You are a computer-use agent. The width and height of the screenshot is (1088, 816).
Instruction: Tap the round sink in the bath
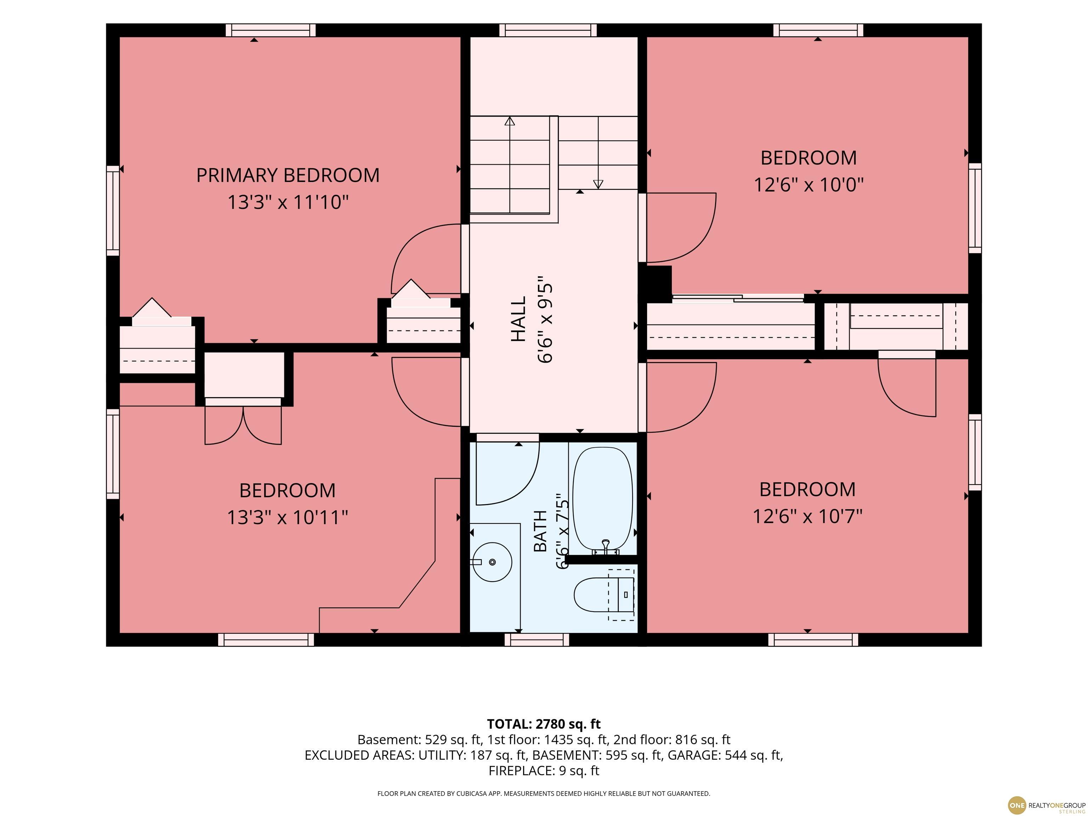492,562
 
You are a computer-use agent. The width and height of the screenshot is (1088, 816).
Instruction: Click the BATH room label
540,531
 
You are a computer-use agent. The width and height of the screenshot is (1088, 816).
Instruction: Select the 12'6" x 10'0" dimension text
809,185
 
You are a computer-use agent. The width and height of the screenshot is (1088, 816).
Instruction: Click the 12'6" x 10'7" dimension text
807,516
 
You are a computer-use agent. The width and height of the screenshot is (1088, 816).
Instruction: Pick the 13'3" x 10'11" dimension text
288,517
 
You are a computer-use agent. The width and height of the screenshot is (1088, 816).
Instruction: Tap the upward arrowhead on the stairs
510,121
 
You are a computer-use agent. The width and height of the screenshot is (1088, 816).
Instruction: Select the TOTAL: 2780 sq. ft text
544,724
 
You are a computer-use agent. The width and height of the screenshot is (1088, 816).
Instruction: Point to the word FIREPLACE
522,771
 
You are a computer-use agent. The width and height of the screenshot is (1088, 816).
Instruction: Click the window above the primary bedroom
271,30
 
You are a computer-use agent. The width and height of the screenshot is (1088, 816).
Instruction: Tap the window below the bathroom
537,639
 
